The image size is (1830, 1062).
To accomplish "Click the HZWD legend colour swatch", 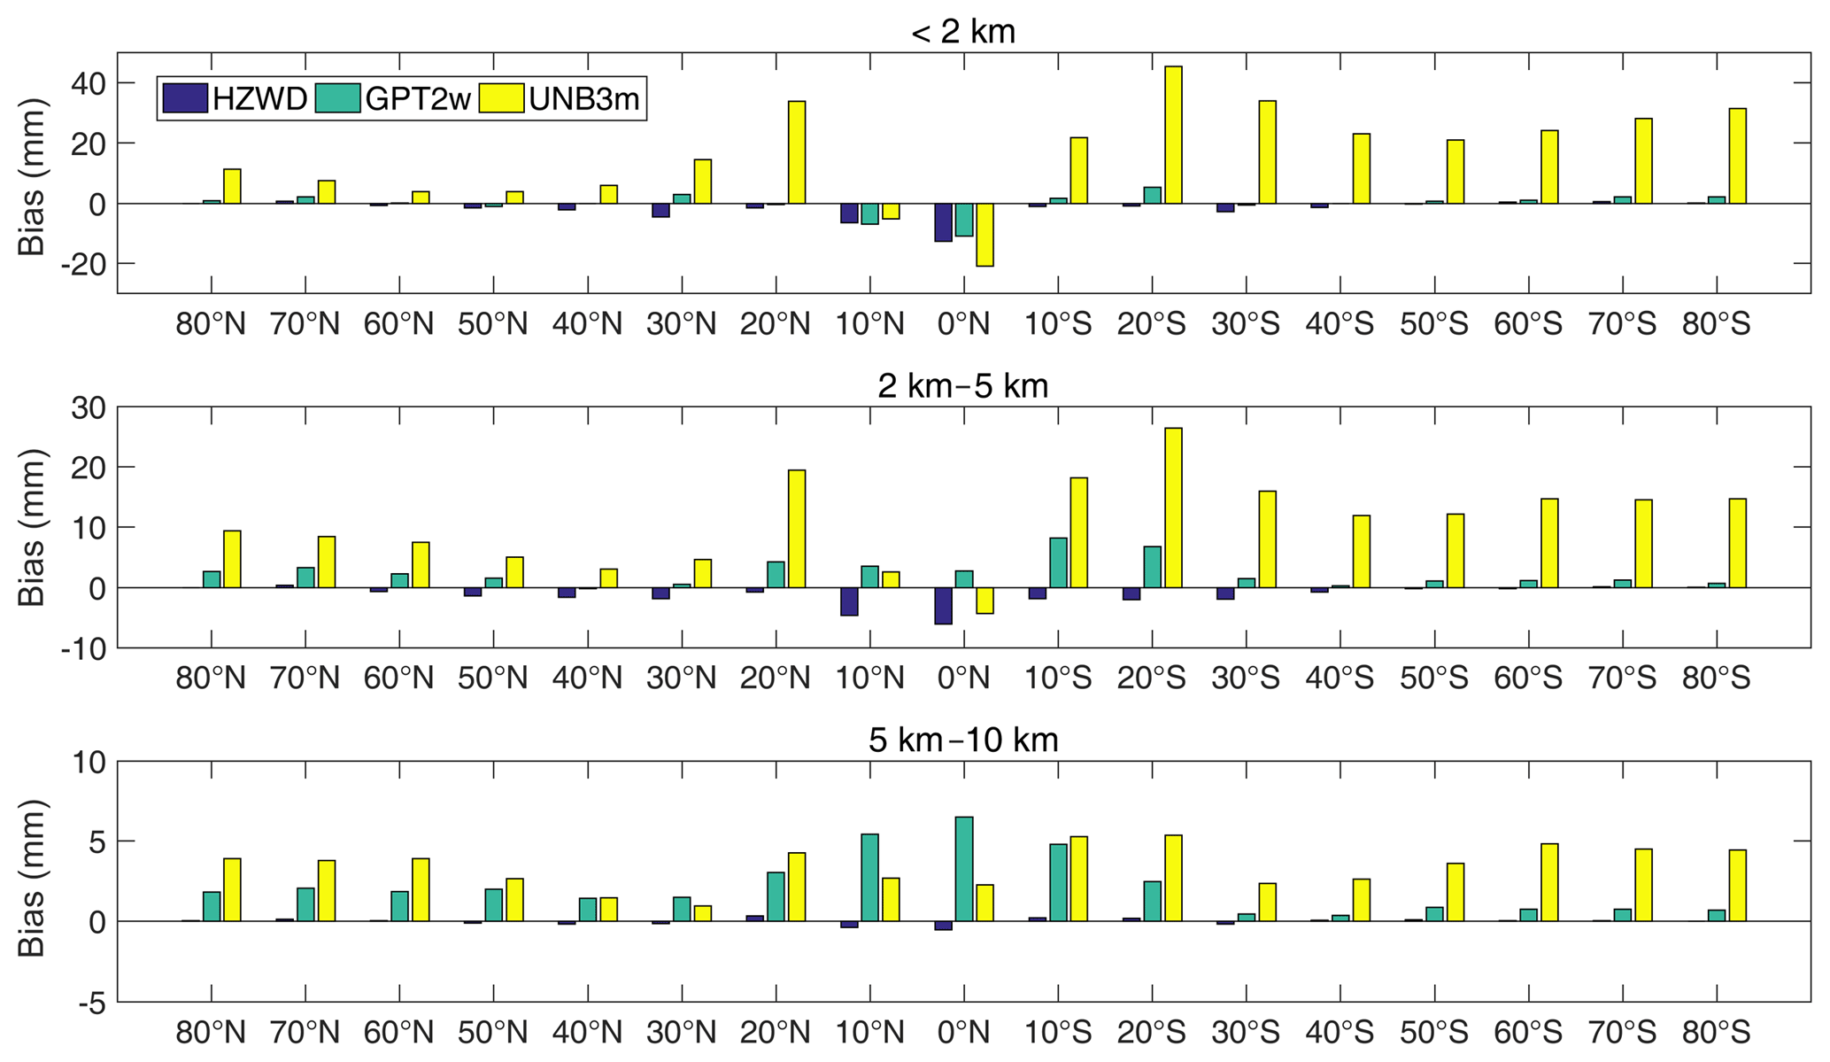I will (x=184, y=98).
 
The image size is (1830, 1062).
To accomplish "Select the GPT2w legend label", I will (x=418, y=99).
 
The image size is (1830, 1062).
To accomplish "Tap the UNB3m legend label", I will (x=584, y=99).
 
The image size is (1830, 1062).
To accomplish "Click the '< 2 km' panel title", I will (x=963, y=32).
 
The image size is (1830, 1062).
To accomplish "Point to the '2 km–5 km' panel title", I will (x=963, y=386).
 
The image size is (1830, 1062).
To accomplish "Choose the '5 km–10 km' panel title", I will (x=963, y=740).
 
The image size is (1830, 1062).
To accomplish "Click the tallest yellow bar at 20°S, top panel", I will (x=1173, y=135).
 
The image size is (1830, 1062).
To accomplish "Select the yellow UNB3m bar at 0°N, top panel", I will (x=984, y=235).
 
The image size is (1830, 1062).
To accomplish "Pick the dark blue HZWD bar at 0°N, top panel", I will (x=943, y=222).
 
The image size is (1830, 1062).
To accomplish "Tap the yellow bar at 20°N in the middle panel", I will (x=797, y=529).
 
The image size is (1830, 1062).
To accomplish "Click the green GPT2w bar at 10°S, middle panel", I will (x=1058, y=562).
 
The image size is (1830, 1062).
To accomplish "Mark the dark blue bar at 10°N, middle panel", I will (x=849, y=601).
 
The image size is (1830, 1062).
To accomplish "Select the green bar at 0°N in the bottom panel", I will (x=964, y=869).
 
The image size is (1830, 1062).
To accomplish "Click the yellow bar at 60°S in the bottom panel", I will (x=1549, y=882).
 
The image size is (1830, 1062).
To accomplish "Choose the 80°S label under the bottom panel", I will (x=1716, y=1033).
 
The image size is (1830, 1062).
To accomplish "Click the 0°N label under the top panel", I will (x=963, y=324).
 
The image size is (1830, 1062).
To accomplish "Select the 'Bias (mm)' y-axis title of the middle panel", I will (x=32, y=528).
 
